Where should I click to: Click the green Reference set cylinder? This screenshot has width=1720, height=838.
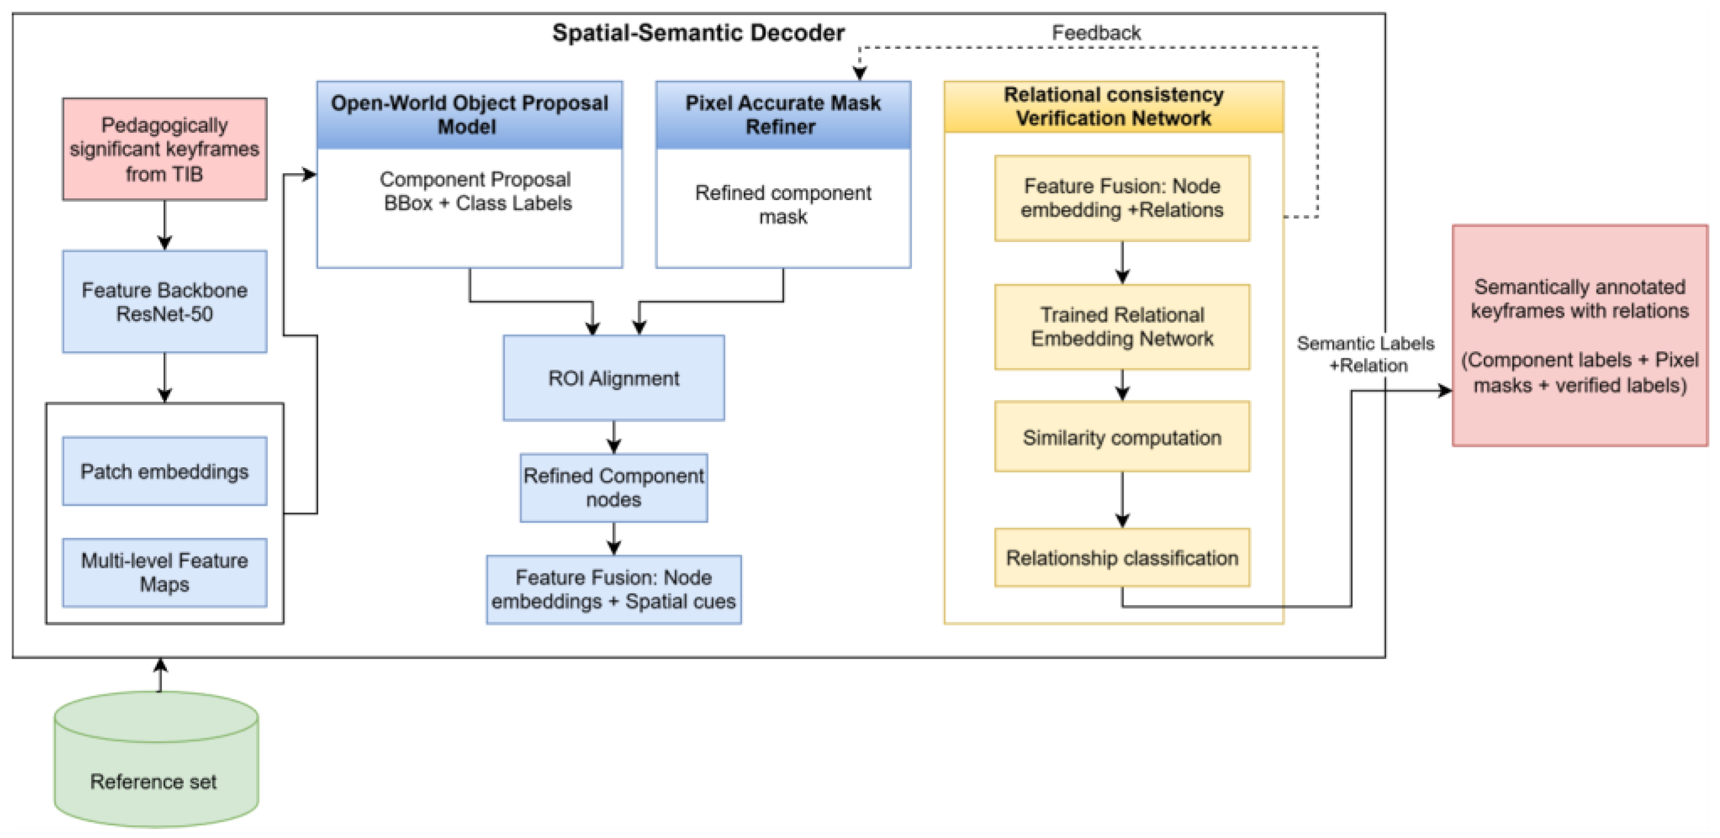pyautogui.click(x=156, y=759)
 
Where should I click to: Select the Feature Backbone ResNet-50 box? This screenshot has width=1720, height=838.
pyautogui.click(x=165, y=302)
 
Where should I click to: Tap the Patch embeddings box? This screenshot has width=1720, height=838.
pyautogui.click(x=165, y=472)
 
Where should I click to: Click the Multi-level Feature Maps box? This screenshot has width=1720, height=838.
pyautogui.click(x=165, y=572)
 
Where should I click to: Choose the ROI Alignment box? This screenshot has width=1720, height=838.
pyautogui.click(x=614, y=378)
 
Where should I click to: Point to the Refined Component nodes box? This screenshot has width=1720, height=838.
pyautogui.click(x=614, y=487)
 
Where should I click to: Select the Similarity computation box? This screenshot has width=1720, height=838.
pyautogui.click(x=1122, y=437)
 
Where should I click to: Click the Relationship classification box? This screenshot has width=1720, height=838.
pyautogui.click(x=1122, y=557)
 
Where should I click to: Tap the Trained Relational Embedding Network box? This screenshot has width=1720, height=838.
pyautogui.click(x=1122, y=327)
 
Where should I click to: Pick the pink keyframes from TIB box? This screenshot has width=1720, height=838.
pyautogui.click(x=165, y=149)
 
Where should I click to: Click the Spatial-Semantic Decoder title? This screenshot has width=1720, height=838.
pyautogui.click(x=698, y=32)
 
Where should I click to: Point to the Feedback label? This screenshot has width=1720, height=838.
pyautogui.click(x=1097, y=32)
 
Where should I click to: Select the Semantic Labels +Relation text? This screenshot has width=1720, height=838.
pyautogui.click(x=1366, y=354)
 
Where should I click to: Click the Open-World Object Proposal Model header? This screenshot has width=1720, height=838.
pyautogui.click(x=469, y=115)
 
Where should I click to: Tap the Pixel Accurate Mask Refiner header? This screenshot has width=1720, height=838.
pyautogui.click(x=783, y=115)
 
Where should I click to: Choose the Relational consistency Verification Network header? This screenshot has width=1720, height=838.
pyautogui.click(x=1114, y=107)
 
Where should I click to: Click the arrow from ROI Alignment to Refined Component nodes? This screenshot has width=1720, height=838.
pyautogui.click(x=614, y=437)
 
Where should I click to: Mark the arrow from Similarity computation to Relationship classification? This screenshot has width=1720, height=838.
pyautogui.click(x=1122, y=500)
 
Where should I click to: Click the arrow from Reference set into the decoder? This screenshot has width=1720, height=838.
pyautogui.click(x=160, y=674)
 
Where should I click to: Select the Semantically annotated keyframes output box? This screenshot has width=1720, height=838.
pyautogui.click(x=1580, y=335)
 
